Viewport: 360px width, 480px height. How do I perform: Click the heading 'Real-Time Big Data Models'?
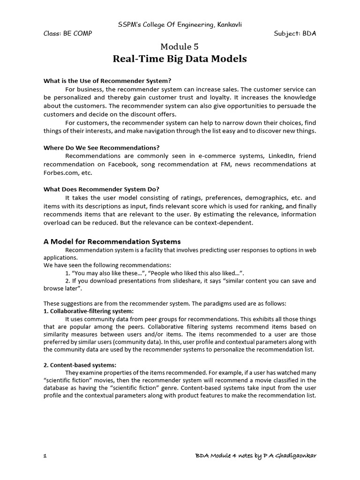[180, 59]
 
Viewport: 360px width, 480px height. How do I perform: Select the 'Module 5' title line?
[180, 46]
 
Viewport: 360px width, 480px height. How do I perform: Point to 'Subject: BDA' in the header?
[295, 34]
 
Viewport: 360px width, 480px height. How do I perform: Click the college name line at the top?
[180, 24]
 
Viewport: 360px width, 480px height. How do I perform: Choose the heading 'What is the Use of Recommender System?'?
[105, 81]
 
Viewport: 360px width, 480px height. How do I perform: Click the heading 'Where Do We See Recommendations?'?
[102, 148]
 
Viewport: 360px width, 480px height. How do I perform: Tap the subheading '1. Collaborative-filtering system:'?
[89, 311]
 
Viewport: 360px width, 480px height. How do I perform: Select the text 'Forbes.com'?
[61, 172]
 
